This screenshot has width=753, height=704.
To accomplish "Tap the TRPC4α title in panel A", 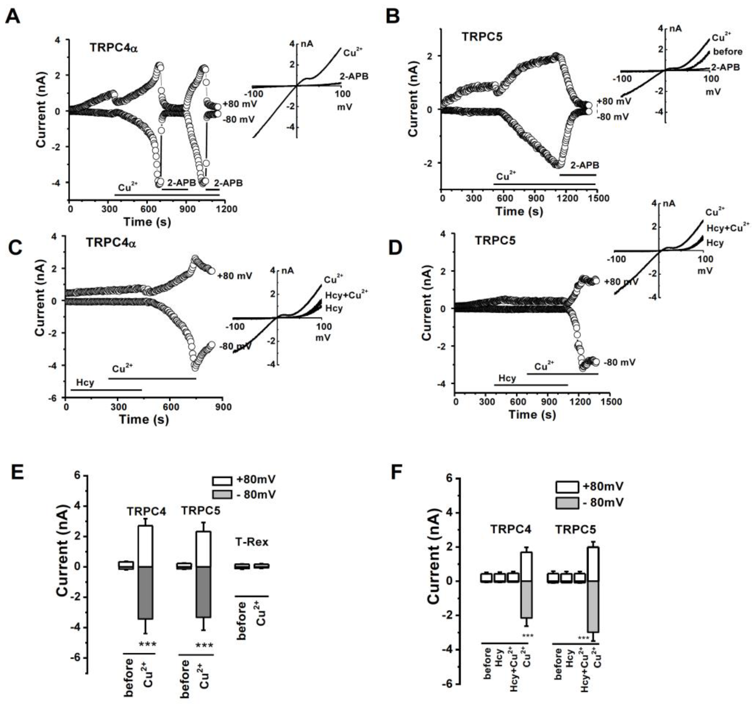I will pos(114,48).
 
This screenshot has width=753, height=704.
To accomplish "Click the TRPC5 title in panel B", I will pos(482,37).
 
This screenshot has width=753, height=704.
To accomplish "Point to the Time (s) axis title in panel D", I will pos(532,415).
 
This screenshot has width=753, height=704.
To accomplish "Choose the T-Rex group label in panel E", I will pos(252,542).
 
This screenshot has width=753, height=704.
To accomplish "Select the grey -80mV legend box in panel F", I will pos(567,503).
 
